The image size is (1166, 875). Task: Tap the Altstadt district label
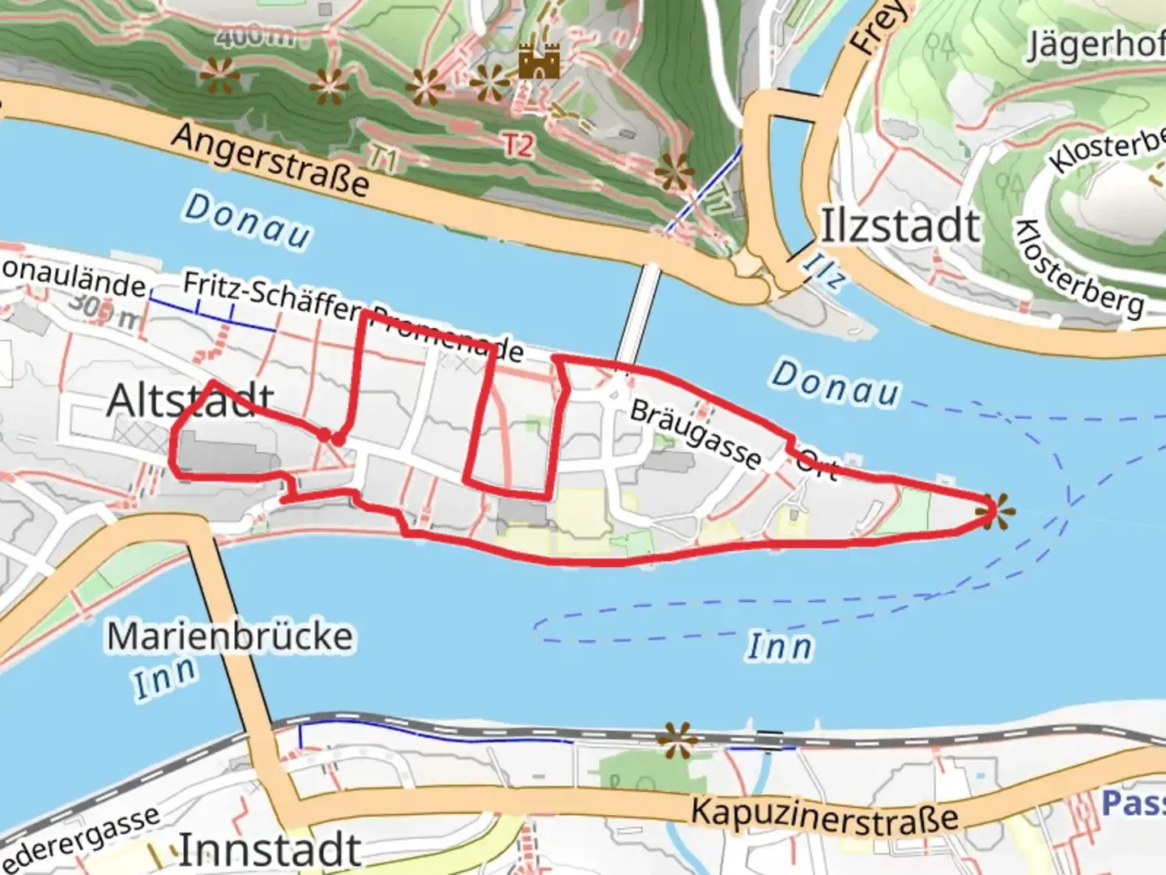pyautogui.click(x=190, y=400)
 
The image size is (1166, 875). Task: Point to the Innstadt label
pyautogui.click(x=269, y=850)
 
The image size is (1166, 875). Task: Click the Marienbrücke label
pyautogui.click(x=230, y=637)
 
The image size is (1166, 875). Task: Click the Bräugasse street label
pyautogui.click(x=696, y=434)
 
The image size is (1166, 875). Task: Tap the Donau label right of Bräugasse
pyautogui.click(x=835, y=384)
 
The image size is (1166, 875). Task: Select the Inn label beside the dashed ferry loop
pyautogui.click(x=779, y=647)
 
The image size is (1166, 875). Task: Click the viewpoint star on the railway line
pyautogui.click(x=677, y=740)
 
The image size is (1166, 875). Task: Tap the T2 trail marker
pyautogui.click(x=518, y=145)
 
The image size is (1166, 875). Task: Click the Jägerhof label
pyautogui.click(x=1095, y=45)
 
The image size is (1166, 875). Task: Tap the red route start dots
pyautogui.click(x=331, y=437)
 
